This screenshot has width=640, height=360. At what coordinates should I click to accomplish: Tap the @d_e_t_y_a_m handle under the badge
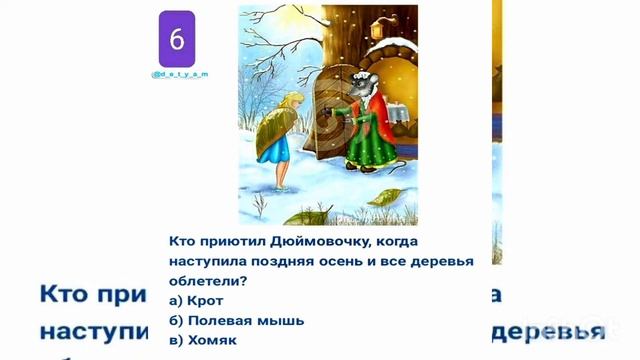[x=179, y=75]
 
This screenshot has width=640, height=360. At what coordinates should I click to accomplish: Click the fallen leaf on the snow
[x=393, y=197]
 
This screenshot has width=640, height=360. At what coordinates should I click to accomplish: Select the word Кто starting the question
[x=179, y=242]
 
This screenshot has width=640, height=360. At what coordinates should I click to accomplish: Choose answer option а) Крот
[x=197, y=300]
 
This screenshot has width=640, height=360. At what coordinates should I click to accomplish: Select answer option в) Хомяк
[x=203, y=339]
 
